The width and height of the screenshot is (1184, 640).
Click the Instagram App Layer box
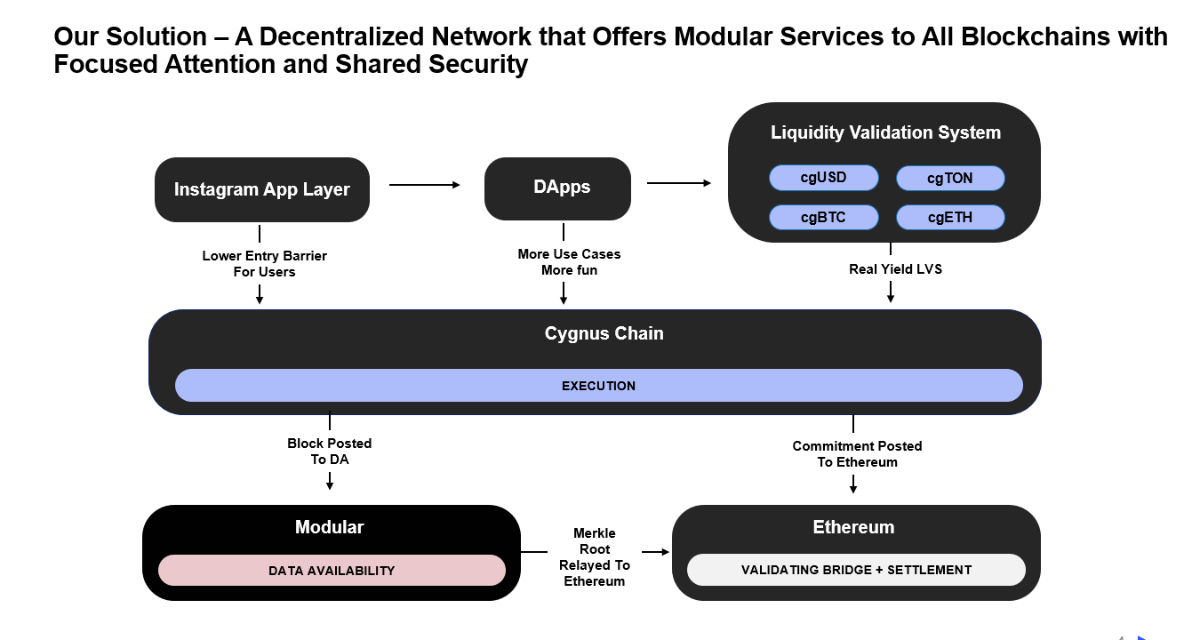[x=261, y=189]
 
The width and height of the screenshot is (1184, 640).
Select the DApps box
[x=557, y=188]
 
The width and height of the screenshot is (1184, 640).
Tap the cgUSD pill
[x=823, y=178]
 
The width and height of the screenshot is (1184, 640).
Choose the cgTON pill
[x=949, y=179]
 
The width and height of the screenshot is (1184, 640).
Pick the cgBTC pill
[x=823, y=218]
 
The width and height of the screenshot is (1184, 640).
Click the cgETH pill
[x=949, y=218]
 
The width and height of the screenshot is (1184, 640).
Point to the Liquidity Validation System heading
[x=884, y=132]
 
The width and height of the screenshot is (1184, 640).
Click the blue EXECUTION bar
[x=598, y=386]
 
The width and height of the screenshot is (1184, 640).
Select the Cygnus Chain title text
[x=604, y=333]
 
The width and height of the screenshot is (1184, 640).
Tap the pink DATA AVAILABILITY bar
[x=332, y=571]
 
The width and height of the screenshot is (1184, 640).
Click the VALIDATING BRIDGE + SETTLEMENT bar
[x=856, y=570]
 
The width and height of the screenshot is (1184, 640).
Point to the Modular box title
[x=329, y=527]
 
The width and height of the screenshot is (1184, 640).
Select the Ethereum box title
[x=853, y=527]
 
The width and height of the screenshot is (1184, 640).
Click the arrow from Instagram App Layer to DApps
[x=425, y=185]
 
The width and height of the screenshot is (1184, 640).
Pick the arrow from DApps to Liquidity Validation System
[x=679, y=183]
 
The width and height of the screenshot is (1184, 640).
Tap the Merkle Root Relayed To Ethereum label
[x=595, y=557]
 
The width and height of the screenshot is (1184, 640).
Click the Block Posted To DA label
[x=330, y=451]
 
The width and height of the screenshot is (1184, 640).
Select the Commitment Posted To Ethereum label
[x=857, y=453]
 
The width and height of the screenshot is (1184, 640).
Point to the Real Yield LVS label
[x=895, y=268]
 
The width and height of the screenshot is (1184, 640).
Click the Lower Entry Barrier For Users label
[x=264, y=263]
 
